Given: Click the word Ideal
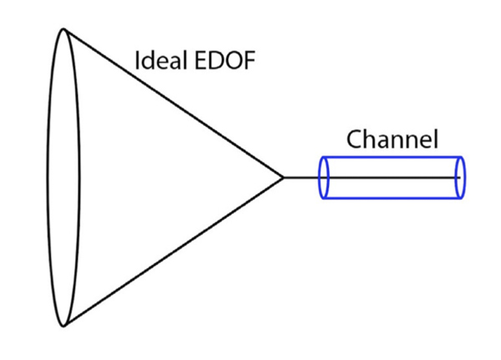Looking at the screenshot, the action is coord(161,60).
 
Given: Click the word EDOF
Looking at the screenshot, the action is coord(225,60).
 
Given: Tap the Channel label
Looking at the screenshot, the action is coord(392,139).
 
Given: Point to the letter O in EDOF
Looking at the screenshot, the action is coord(233,60).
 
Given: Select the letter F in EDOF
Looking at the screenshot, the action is coord(250,60).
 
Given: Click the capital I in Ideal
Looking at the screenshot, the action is coord(137,60).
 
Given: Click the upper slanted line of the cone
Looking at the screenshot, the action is coord(175,104).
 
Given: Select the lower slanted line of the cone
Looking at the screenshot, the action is coord(175,251).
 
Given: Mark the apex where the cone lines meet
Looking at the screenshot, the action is coord(284,177).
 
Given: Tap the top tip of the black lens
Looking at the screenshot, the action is coord(63,29).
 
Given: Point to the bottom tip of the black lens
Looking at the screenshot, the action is coord(63,327).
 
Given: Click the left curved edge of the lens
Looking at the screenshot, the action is coord(48,178).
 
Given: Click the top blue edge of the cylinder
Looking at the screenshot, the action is coord(392,157).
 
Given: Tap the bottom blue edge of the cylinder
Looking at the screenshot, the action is coord(392,198).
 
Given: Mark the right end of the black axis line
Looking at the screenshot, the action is coord(460,177).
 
